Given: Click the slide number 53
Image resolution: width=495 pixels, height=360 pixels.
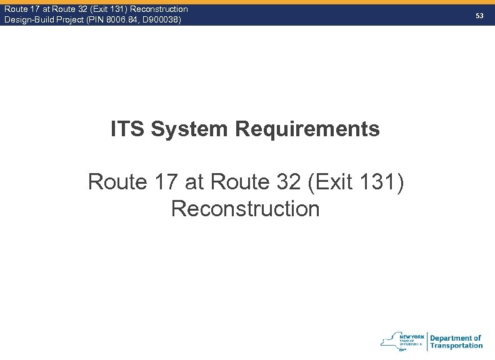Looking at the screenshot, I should click(479, 15).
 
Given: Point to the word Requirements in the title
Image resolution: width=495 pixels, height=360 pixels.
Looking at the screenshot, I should click(307, 129).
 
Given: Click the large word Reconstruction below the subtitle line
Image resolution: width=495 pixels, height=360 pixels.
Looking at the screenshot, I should click(245, 209).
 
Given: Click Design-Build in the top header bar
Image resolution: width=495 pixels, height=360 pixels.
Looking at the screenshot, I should click(29, 20).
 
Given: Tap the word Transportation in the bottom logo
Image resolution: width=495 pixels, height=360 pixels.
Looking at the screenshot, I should click(456, 346).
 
